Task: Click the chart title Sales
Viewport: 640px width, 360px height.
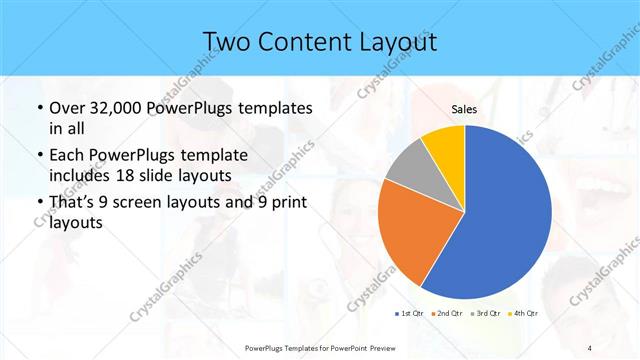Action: pos(464,108)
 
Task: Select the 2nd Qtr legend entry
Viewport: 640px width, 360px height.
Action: pos(446,313)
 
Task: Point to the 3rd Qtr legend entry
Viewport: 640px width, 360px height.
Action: pos(485,313)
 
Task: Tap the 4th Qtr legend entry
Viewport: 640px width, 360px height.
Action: pos(524,313)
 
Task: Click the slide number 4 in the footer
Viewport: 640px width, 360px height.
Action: pos(590,347)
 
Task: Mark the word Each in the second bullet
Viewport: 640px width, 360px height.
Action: pos(69,155)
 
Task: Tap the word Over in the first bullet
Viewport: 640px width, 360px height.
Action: pos(69,107)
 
